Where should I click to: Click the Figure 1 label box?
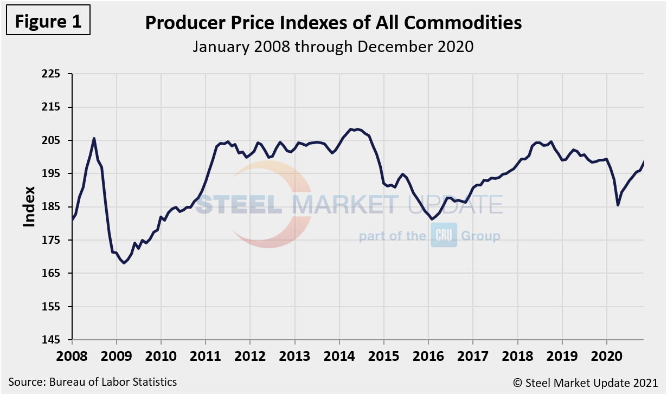(48, 21)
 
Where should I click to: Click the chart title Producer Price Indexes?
(333, 23)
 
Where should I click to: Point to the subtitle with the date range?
(333, 47)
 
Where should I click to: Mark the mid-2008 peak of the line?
(94, 138)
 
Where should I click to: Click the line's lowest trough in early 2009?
(124, 263)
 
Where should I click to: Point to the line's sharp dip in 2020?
(618, 205)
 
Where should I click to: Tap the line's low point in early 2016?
(432, 219)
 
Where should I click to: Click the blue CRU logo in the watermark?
(444, 235)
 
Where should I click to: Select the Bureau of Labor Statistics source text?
(93, 381)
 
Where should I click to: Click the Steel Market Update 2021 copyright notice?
(586, 383)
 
